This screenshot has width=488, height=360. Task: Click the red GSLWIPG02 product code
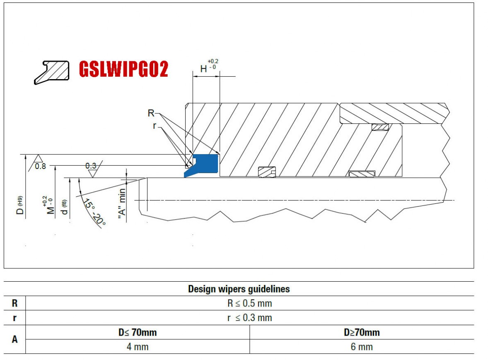(123, 69)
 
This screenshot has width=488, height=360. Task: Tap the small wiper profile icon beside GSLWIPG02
(52, 72)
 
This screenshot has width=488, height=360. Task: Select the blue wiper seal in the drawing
(202, 165)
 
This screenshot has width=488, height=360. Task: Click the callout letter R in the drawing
(151, 113)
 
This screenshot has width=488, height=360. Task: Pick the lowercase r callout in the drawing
(155, 126)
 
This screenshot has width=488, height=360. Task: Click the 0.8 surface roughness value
(41, 166)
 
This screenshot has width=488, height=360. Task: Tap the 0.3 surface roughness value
(91, 166)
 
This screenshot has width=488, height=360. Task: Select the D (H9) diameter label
(20, 205)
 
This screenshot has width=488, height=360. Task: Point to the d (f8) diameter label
(64, 207)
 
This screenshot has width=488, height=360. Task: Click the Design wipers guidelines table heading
(239, 289)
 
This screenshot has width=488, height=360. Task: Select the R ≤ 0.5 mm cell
(250, 303)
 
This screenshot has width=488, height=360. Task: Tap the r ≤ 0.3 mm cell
(250, 318)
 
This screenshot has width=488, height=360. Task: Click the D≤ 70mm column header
(138, 332)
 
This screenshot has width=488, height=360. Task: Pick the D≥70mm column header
(362, 332)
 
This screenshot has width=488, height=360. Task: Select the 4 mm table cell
(138, 347)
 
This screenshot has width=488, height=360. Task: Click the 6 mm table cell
(362, 347)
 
